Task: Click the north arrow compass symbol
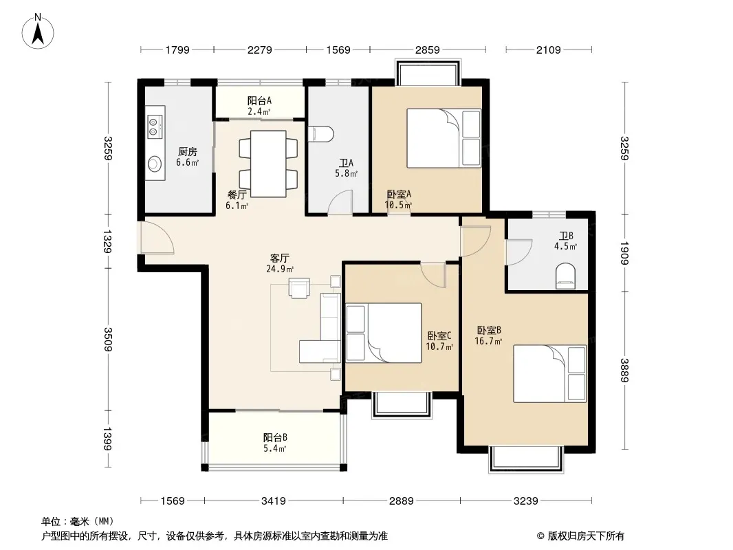click(x=38, y=32)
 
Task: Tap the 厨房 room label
click(x=188, y=151)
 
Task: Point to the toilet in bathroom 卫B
click(x=566, y=276)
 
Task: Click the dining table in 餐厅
click(x=268, y=164)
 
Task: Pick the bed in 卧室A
click(x=444, y=138)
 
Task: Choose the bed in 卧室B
click(x=550, y=373)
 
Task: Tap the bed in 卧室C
click(x=383, y=333)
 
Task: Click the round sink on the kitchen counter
click(x=155, y=164)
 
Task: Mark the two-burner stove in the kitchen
click(x=154, y=126)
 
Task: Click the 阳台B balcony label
click(x=275, y=437)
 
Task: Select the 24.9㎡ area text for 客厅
click(x=280, y=269)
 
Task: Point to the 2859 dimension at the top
click(x=427, y=49)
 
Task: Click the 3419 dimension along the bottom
click(x=274, y=501)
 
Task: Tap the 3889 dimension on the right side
click(x=624, y=370)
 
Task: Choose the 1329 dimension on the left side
click(x=107, y=241)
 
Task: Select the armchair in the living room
click(x=299, y=288)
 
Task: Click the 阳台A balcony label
click(x=259, y=100)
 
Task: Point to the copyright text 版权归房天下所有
click(x=586, y=536)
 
